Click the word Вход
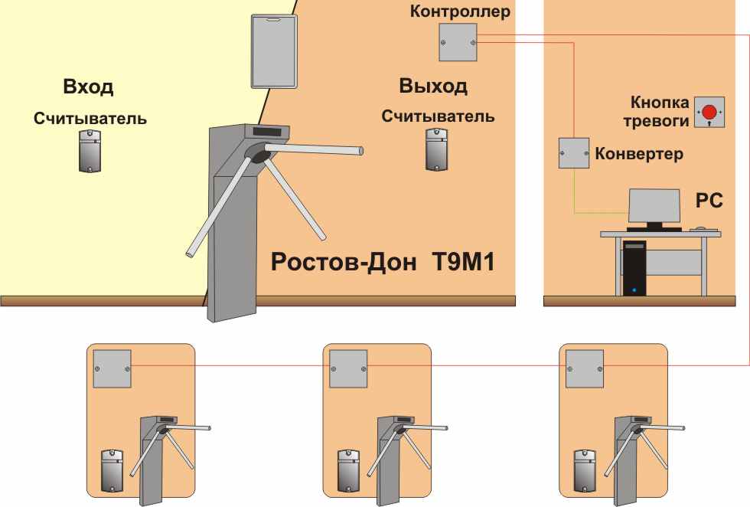(x=89, y=87)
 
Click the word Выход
(x=433, y=86)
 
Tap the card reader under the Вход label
(x=90, y=150)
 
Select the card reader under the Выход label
(x=437, y=149)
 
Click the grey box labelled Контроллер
(x=458, y=43)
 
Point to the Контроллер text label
(x=460, y=11)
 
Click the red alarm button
(x=709, y=112)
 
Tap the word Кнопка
(x=660, y=102)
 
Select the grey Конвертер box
(x=574, y=152)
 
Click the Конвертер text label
(x=639, y=154)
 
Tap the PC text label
(x=709, y=201)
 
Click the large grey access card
(x=274, y=51)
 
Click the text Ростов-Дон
(x=344, y=262)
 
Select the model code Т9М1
(x=463, y=262)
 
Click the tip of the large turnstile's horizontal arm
(x=361, y=152)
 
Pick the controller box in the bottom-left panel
(x=112, y=368)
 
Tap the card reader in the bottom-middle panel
(x=349, y=470)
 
